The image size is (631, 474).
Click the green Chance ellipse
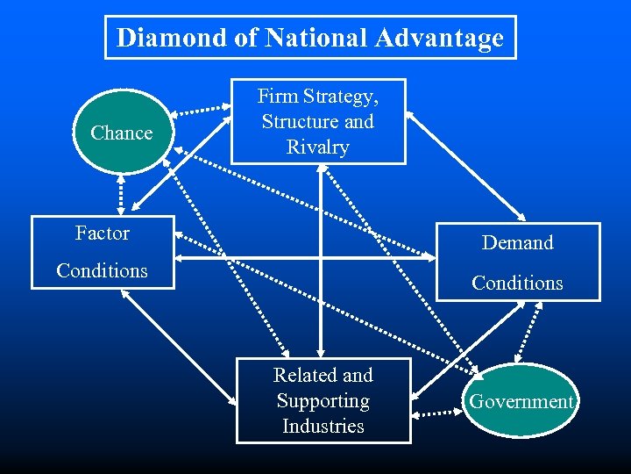click(x=121, y=133)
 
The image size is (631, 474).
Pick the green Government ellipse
click(x=521, y=401)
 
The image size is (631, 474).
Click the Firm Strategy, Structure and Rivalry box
click(x=318, y=121)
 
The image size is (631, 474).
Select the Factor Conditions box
click(x=103, y=252)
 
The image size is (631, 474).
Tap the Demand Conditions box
click(x=518, y=262)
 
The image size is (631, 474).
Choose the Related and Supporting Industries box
click(x=323, y=400)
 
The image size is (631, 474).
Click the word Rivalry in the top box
click(x=318, y=147)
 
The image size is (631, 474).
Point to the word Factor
click(x=102, y=233)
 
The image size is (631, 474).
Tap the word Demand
click(x=518, y=243)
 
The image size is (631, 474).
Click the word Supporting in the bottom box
click(x=323, y=401)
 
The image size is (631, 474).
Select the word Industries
click(x=323, y=427)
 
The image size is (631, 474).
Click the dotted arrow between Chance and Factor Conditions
click(x=121, y=193)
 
